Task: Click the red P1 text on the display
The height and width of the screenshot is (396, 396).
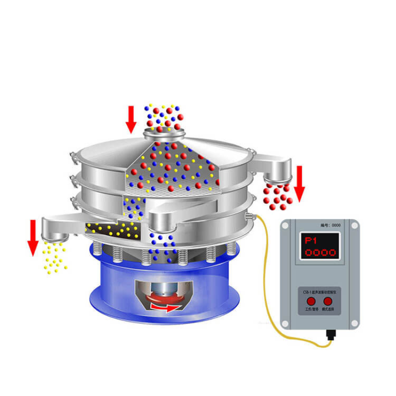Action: click(x=311, y=241)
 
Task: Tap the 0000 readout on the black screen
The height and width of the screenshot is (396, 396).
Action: click(x=320, y=253)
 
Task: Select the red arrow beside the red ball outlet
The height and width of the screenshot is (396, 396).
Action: click(x=300, y=183)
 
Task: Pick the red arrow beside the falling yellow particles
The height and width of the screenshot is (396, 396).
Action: click(x=33, y=238)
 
